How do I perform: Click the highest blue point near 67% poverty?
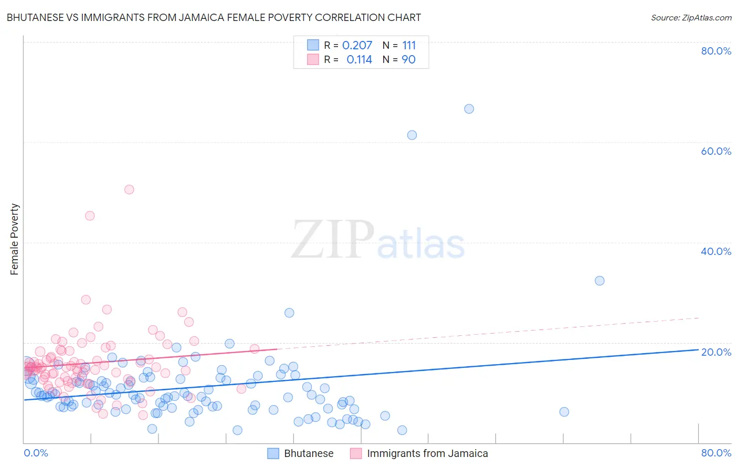coord(469,109)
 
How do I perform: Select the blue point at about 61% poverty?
coord(412,135)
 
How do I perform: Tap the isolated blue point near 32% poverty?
coord(599,281)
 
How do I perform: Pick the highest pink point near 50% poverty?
coord(129,189)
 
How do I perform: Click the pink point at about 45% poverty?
coord(90,216)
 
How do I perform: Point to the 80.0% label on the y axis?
coord(716,51)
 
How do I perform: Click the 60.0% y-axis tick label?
coord(716,151)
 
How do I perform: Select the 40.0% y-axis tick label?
coord(716,251)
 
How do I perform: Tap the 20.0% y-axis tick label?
coord(716,352)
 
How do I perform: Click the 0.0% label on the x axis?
coord(36,453)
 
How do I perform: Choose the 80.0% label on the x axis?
coord(716,453)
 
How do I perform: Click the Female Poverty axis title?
coord(15,239)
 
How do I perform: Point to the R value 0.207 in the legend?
coord(357,46)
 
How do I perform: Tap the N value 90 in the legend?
coord(408,60)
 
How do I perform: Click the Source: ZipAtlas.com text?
coord(691,17)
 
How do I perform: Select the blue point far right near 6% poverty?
coord(564,412)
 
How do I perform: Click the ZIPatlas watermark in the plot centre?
coord(378,240)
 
